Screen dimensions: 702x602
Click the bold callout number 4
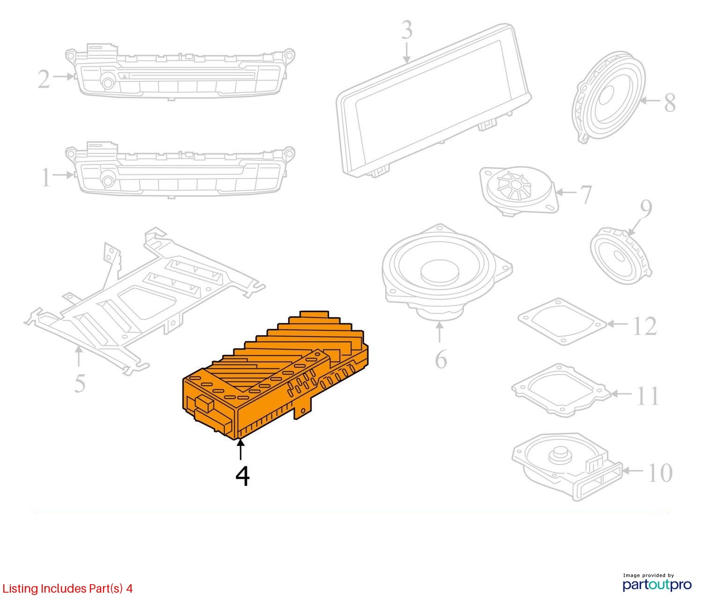pos(242,476)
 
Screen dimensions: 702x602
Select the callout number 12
pos(645,326)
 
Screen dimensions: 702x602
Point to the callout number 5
pos(80,383)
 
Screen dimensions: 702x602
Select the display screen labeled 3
pos(434,100)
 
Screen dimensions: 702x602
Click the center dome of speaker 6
pos(439,270)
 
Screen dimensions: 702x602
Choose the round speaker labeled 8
pos(608,97)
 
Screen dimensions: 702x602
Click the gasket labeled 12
pos(562,322)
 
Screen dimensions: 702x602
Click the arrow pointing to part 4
pos(241,449)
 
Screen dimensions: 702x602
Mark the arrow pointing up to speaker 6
pos(439,332)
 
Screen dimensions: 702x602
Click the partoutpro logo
pos(657,584)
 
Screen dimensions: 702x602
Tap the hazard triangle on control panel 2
pos(124,77)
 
